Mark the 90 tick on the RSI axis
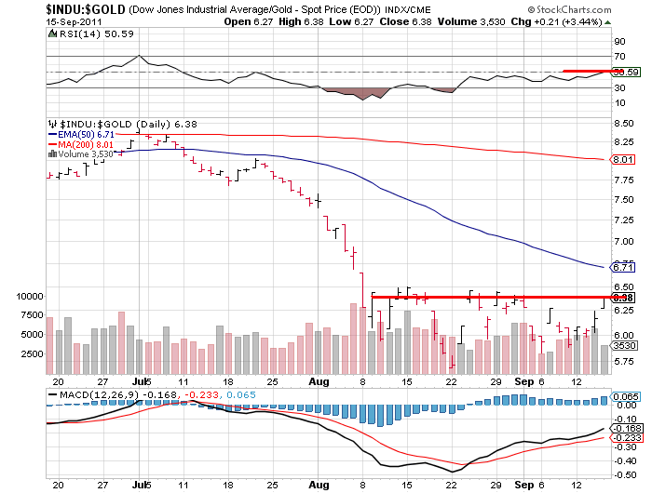coord(618,42)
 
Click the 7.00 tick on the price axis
coord(623,241)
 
